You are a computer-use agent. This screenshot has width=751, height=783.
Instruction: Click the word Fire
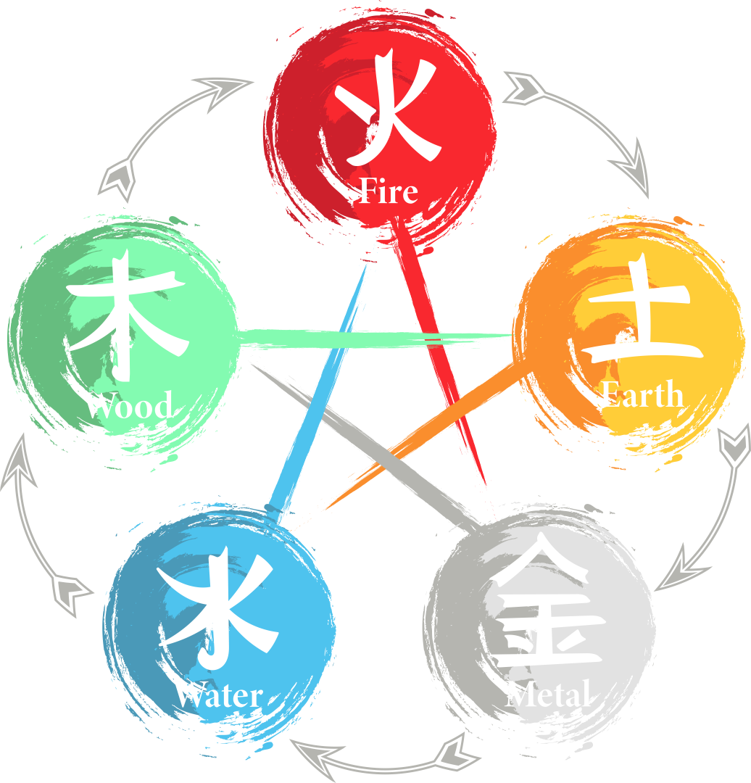pyautogui.click(x=389, y=191)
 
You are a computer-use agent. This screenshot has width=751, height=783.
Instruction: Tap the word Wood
pyautogui.click(x=128, y=405)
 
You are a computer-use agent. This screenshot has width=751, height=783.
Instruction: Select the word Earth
pyautogui.click(x=642, y=395)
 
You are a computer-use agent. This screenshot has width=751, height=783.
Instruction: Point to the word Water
pyautogui.click(x=217, y=695)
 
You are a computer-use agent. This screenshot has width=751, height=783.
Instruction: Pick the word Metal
pyautogui.click(x=547, y=695)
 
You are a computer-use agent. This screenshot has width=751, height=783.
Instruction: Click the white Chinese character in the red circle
pyautogui.click(x=390, y=109)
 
